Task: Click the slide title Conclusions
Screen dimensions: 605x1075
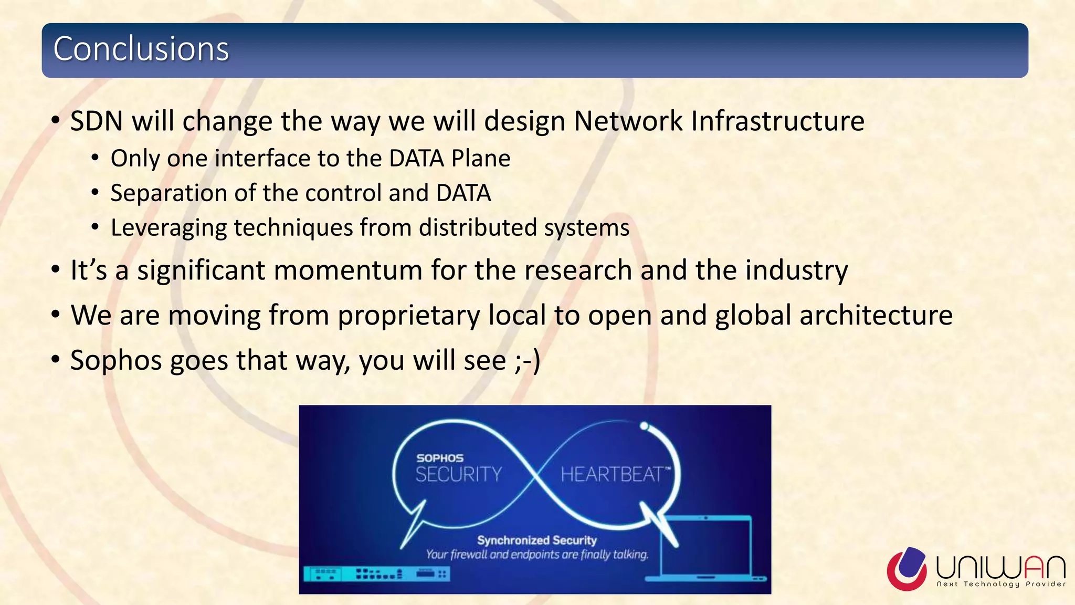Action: (x=141, y=49)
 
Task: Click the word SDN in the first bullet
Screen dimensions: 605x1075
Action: (x=97, y=121)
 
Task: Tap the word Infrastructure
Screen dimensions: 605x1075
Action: (x=777, y=121)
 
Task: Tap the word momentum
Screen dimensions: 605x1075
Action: (x=348, y=270)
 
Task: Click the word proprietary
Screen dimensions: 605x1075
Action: (x=408, y=316)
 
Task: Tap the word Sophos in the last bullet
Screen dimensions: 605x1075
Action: (x=117, y=361)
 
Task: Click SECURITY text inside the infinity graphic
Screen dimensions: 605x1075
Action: (x=459, y=475)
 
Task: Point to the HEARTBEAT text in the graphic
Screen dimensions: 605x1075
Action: (x=612, y=475)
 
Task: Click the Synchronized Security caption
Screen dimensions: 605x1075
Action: (x=536, y=540)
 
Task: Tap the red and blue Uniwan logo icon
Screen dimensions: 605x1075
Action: (x=907, y=568)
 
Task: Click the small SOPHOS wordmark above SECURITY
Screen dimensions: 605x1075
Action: (x=440, y=458)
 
